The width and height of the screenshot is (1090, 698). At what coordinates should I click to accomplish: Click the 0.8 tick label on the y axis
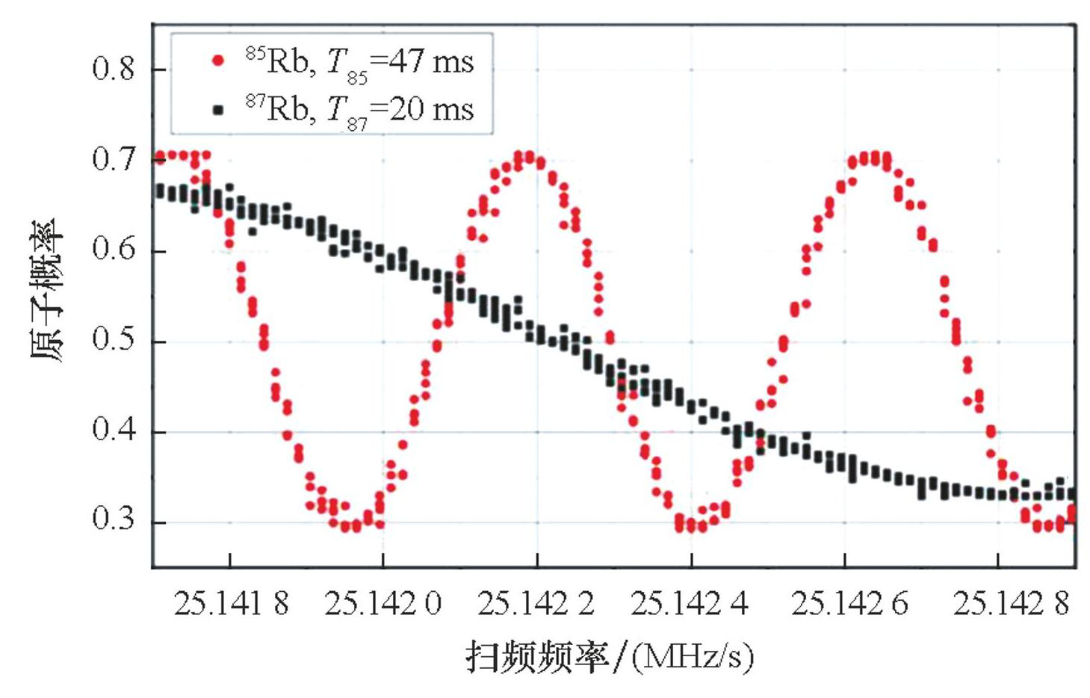113,69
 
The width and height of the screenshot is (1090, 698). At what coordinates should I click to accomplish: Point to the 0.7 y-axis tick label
113,159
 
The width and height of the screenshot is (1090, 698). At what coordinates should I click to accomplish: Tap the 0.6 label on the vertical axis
113,250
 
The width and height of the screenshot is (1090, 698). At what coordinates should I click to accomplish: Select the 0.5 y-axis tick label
113,340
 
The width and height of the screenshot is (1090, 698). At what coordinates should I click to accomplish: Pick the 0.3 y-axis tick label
113,520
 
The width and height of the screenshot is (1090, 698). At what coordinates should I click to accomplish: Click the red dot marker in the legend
218,61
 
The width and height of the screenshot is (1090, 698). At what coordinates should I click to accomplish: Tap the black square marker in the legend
218,110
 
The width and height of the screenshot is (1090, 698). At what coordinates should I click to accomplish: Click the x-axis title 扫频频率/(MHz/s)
610,657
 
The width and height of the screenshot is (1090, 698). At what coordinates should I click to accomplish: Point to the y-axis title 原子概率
48,291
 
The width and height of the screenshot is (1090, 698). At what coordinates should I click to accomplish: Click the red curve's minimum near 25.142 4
691,525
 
